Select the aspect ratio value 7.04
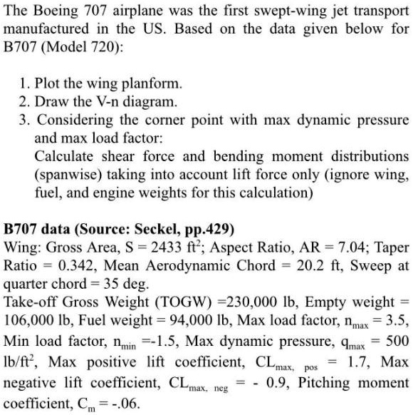pyautogui.click(x=332, y=248)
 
